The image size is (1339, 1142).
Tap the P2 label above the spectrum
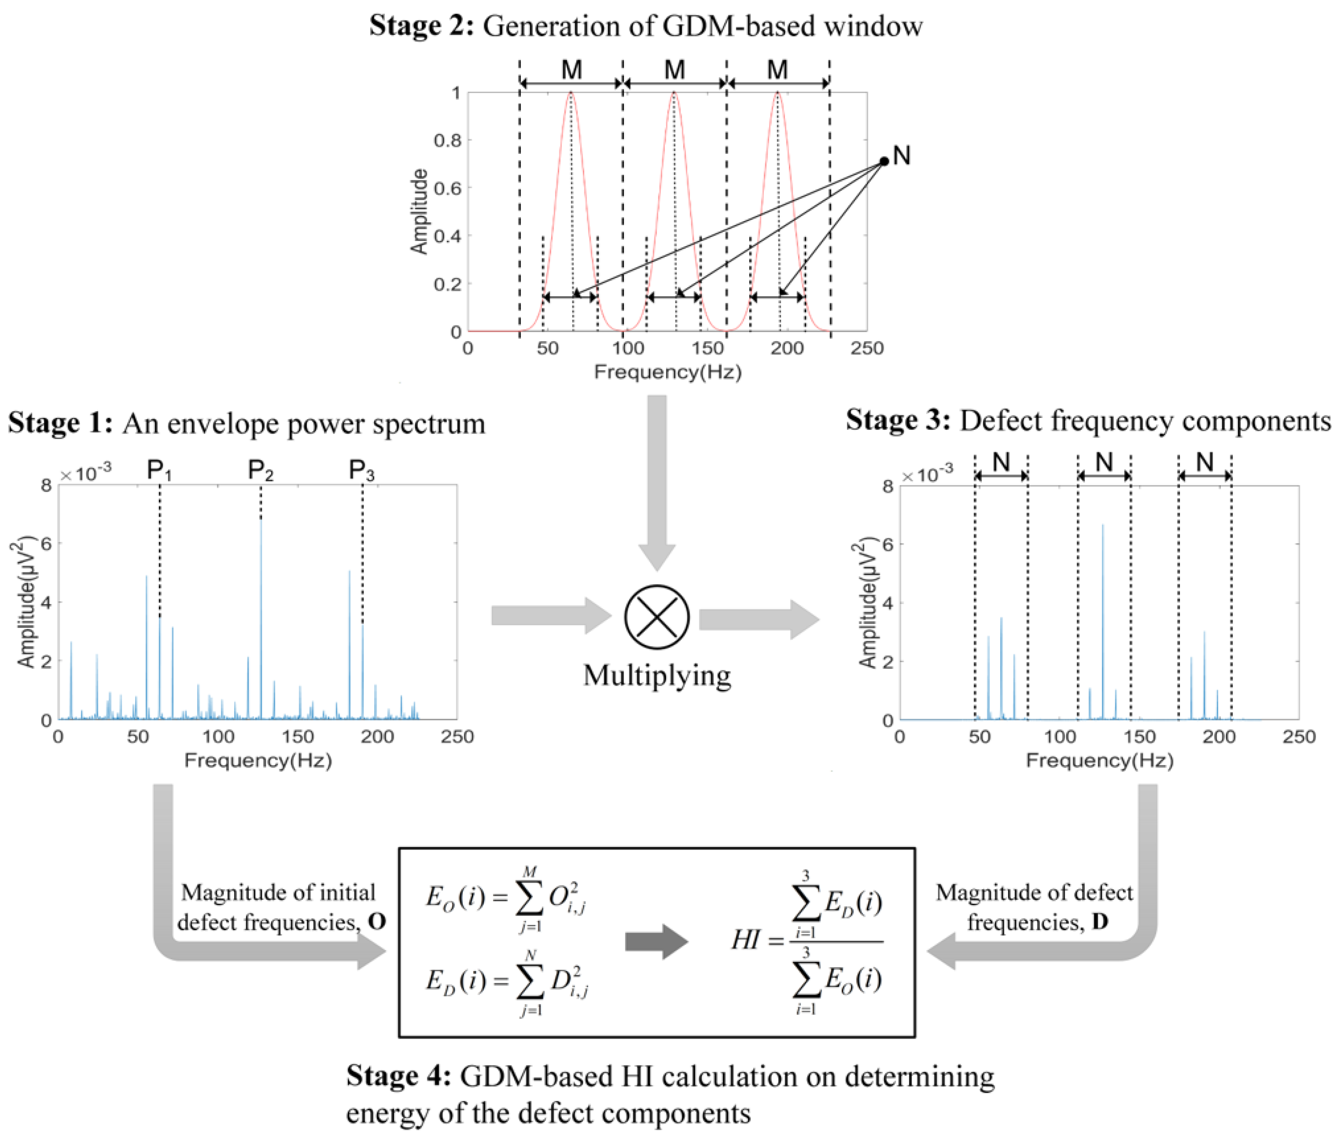pyautogui.click(x=261, y=470)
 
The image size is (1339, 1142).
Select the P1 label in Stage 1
pyautogui.click(x=159, y=470)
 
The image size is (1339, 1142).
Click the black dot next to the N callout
pyautogui.click(x=884, y=161)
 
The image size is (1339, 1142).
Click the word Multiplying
pyautogui.click(x=657, y=675)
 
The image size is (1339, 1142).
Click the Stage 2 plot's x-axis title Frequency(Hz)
pyautogui.click(x=668, y=372)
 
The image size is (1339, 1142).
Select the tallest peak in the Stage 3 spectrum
pyautogui.click(x=1102, y=527)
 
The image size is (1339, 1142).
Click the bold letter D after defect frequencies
pyautogui.click(x=1100, y=922)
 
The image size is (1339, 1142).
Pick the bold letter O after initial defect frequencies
pyautogui.click(x=377, y=922)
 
